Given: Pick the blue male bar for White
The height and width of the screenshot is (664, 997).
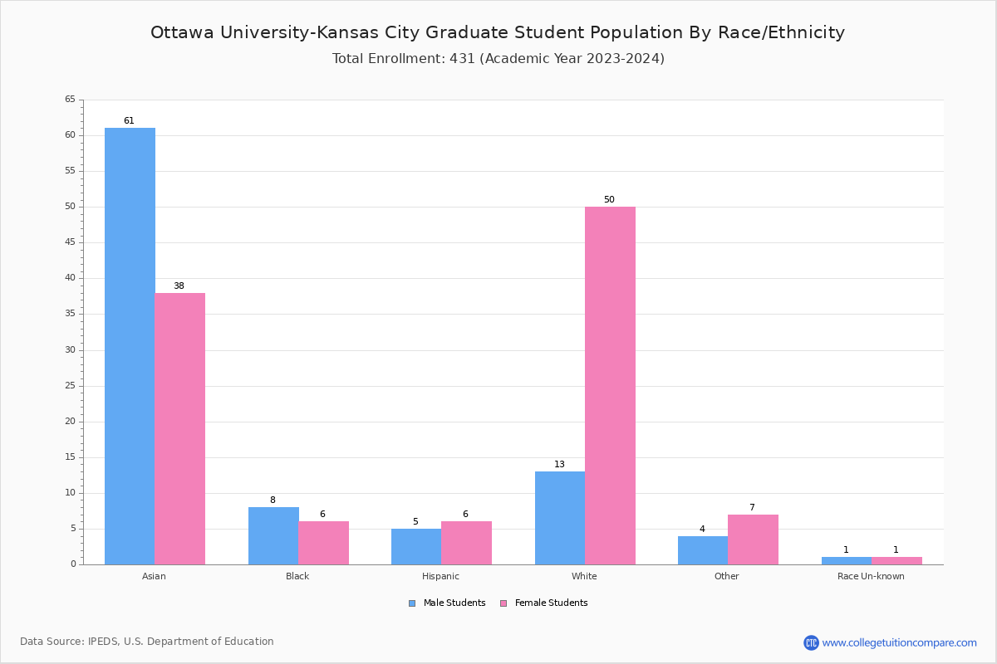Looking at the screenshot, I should click(x=560, y=518).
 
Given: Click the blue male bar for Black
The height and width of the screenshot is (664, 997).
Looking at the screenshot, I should click(x=273, y=535).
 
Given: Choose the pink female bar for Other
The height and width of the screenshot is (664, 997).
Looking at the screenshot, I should click(x=753, y=539).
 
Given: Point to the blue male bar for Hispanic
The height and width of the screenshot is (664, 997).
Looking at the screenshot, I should click(x=416, y=546).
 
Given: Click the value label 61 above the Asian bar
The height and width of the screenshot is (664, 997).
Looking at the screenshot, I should click(x=129, y=121).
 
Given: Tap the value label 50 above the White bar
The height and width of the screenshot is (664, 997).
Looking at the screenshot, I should click(x=609, y=200).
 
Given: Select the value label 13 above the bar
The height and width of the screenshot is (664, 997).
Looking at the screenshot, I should click(x=559, y=465).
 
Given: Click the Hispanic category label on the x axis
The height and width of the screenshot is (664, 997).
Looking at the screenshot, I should click(x=440, y=577).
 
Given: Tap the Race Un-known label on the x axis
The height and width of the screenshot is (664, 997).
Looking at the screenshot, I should click(x=871, y=577).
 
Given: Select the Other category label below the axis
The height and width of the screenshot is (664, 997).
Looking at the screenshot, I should click(x=726, y=577).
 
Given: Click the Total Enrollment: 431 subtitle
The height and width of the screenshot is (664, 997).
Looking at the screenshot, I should click(x=498, y=59).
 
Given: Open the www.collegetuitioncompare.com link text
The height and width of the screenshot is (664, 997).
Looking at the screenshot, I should click(x=899, y=642).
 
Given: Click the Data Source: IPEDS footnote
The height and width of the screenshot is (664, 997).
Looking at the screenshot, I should click(x=147, y=642).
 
